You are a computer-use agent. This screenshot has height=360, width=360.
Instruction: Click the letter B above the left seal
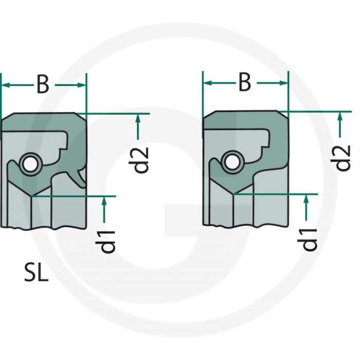point(43,84)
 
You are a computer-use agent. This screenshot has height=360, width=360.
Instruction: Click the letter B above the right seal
point(245,82)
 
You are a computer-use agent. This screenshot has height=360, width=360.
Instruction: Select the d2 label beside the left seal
point(139,160)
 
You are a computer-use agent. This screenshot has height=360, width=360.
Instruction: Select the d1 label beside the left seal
point(105,242)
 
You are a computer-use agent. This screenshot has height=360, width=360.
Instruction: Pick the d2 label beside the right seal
point(340,158)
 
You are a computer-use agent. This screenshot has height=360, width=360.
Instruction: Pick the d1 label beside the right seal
point(307,240)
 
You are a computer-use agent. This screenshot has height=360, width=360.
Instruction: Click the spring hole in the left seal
point(30,165)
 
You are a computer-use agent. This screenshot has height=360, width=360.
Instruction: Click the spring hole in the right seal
point(232,163)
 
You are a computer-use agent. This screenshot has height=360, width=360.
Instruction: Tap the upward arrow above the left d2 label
point(138,127)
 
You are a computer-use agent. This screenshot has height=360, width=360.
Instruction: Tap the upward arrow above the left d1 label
point(104,209)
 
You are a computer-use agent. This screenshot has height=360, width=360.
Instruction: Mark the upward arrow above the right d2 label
point(340,124)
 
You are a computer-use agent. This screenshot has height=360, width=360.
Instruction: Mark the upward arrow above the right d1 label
point(306,207)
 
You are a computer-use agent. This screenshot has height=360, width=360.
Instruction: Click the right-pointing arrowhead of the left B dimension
point(81,85)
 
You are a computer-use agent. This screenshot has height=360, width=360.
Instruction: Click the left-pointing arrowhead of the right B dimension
point(208,83)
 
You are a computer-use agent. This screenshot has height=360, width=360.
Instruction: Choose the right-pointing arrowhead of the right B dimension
point(283,83)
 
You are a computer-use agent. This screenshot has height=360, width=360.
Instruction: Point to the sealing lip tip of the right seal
point(233,194)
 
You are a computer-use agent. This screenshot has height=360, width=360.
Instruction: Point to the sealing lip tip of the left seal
point(31,196)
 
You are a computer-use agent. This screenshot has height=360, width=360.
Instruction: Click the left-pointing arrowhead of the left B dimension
point(6,85)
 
